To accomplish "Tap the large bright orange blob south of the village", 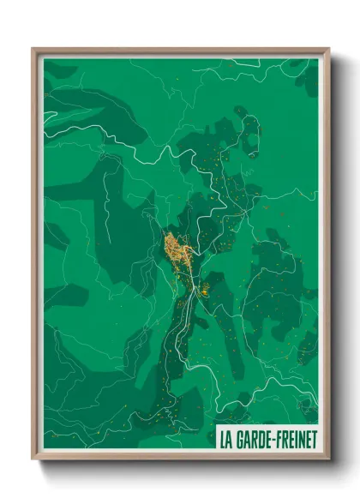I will pos(206,291).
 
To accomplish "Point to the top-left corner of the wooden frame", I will pos(33,50).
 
